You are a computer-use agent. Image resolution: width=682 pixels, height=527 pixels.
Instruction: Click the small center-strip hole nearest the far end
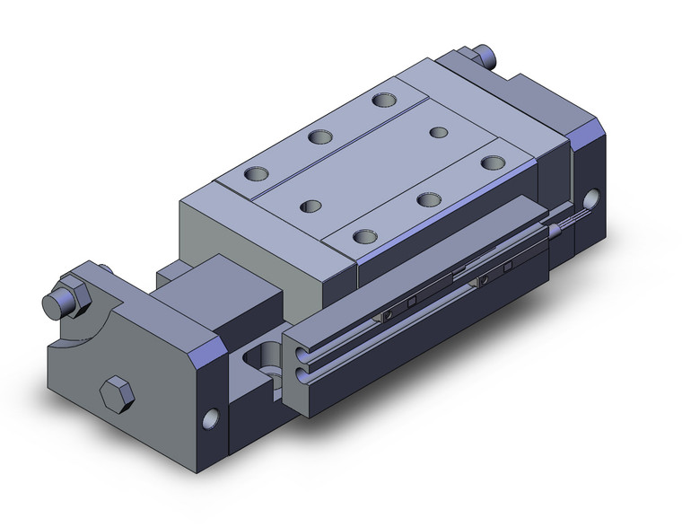pos(438,133)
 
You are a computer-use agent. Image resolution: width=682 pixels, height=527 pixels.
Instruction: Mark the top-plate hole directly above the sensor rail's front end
pos(363,237)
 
